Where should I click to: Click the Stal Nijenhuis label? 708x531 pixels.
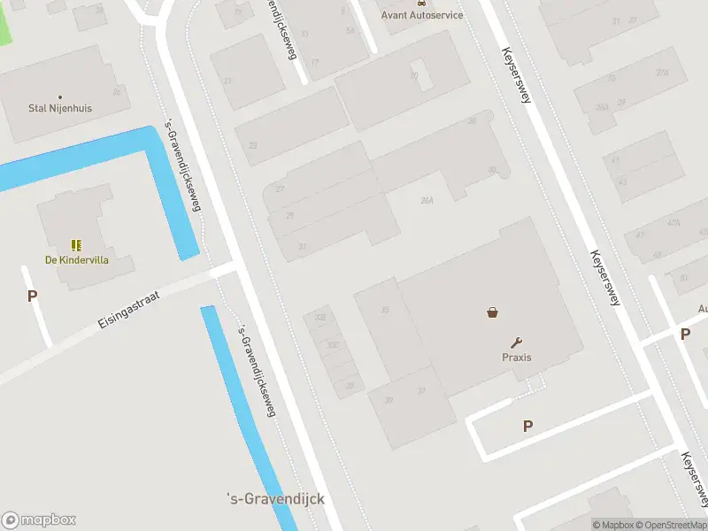59,109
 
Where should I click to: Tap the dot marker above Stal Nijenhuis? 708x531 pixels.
60,96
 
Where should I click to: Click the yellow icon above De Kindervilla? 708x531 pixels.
76,245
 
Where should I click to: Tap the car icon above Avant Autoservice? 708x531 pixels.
419,4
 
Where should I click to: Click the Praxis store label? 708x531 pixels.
518,358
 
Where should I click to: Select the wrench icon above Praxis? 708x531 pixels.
517,342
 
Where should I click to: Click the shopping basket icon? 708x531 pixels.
492,312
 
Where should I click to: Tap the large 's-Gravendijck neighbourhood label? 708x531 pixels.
276,499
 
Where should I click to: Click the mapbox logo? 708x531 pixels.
39,520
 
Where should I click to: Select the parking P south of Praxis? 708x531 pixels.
527,426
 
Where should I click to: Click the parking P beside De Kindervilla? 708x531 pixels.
32,296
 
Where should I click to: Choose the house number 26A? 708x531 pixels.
427,201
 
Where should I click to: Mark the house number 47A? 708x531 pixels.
673,223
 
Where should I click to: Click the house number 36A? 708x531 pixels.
602,107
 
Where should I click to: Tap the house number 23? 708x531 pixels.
253,145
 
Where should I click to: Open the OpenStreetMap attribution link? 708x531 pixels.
669,526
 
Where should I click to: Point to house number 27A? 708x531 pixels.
662,73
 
